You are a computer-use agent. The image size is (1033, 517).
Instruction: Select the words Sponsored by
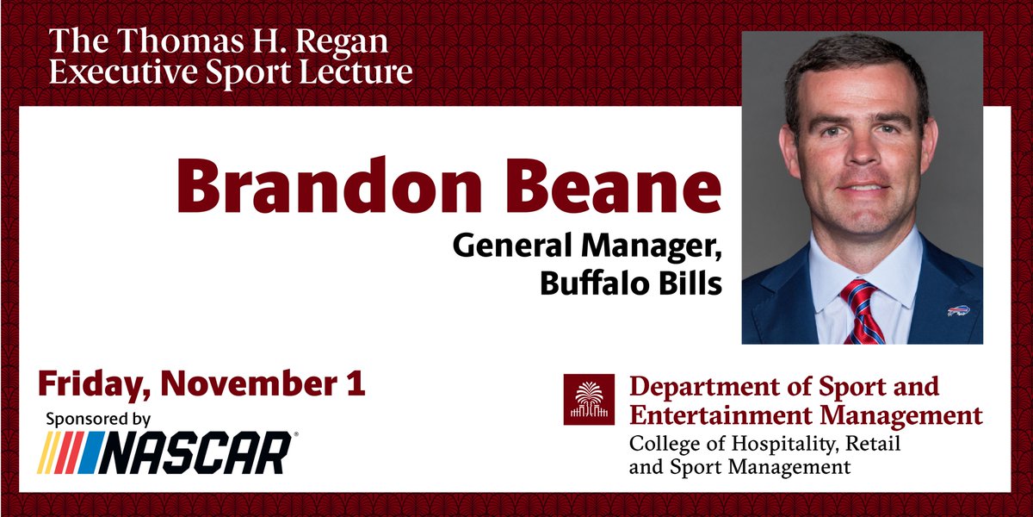pyautogui.click(x=97, y=420)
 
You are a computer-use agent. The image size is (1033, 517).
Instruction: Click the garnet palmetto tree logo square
pyautogui.click(x=589, y=399)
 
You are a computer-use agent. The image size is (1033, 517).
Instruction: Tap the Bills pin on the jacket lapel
pyautogui.click(x=958, y=309)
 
